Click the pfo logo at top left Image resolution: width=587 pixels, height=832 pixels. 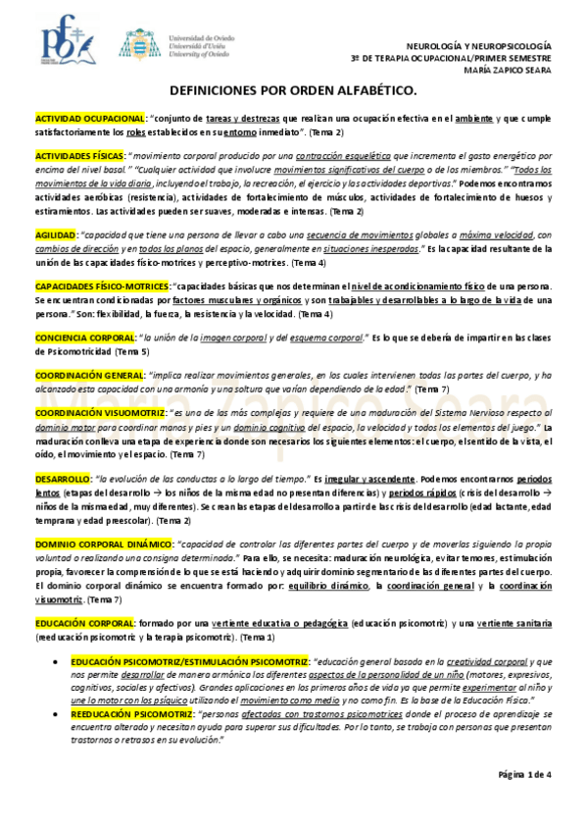pos(63,41)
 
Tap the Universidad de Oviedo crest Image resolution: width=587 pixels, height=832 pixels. pos(135,43)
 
